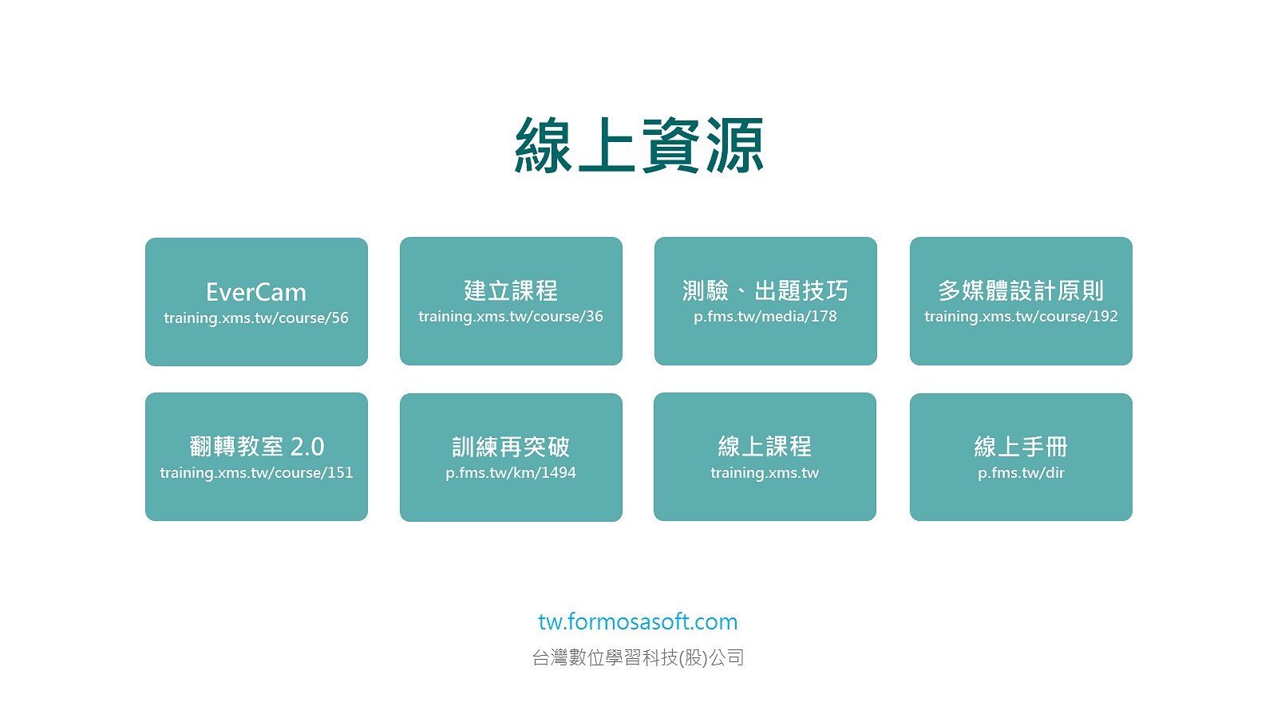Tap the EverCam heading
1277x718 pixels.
click(x=256, y=292)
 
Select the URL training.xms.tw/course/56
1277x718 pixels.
click(x=256, y=318)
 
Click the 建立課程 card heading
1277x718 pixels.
click(x=511, y=290)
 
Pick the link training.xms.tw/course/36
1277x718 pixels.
click(x=511, y=316)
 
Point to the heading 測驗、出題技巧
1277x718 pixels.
click(x=765, y=290)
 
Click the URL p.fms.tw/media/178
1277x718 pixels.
click(x=765, y=316)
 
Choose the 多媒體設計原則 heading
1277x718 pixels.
click(x=1021, y=290)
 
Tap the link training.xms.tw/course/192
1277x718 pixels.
click(x=1021, y=316)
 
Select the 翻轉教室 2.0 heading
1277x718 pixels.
click(x=256, y=446)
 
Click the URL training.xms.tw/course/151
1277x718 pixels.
click(x=256, y=472)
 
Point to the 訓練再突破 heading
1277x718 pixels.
click(x=511, y=447)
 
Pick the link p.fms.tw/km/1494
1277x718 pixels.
click(x=511, y=472)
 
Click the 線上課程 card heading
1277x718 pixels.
click(x=765, y=446)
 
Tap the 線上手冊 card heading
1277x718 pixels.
click(x=1021, y=447)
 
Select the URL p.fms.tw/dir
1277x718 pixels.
click(x=1021, y=472)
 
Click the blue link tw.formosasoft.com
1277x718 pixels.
click(x=638, y=621)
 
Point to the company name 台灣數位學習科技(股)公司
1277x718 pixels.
click(x=638, y=657)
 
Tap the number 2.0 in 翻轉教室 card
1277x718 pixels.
click(x=307, y=447)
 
